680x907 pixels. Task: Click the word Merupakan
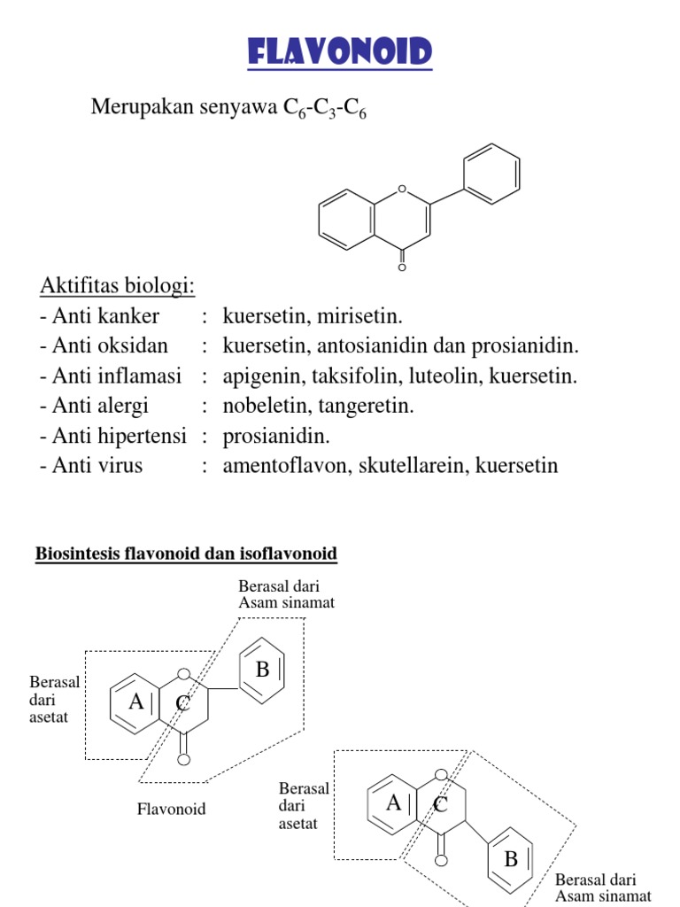(135, 108)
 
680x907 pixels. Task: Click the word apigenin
(260, 376)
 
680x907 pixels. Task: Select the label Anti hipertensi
(113, 436)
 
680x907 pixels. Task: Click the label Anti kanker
(100, 316)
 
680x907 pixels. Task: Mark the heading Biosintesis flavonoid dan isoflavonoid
(186, 554)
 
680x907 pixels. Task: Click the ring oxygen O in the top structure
(403, 189)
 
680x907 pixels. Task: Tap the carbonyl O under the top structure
(403, 267)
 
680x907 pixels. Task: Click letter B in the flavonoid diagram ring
(262, 671)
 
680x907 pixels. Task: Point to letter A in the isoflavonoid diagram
(393, 802)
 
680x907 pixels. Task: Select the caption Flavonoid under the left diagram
(171, 809)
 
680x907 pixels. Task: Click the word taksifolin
(356, 376)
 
